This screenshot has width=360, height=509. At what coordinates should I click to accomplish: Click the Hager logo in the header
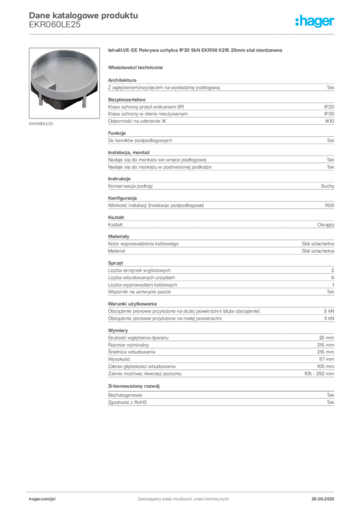click(x=314, y=21)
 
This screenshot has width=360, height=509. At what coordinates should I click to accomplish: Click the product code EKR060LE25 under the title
click(x=55, y=25)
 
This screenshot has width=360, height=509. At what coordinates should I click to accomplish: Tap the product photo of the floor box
click(x=64, y=83)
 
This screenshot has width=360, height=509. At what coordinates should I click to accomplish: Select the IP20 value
click(x=329, y=107)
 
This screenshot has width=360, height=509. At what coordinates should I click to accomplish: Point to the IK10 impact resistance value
click(x=330, y=121)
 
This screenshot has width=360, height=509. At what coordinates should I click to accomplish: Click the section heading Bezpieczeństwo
click(x=127, y=99)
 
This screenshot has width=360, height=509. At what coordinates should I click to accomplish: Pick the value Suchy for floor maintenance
click(x=327, y=186)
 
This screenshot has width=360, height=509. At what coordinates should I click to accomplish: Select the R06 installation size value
click(x=330, y=205)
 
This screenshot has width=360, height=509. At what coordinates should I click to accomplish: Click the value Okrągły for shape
click(x=326, y=225)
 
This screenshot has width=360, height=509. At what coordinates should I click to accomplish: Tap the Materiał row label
click(x=116, y=251)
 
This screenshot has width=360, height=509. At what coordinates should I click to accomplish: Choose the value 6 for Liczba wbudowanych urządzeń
click(x=333, y=277)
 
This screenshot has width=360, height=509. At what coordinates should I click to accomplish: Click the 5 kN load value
click(x=329, y=311)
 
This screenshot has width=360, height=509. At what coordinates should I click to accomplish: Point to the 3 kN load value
click(x=329, y=319)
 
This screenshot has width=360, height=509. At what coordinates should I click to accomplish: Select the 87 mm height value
click(x=327, y=359)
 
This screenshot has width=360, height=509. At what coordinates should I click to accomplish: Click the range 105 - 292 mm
click(x=319, y=374)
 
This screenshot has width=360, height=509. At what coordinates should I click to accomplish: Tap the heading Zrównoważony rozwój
click(x=134, y=386)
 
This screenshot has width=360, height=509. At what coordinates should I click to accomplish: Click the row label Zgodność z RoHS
click(x=127, y=403)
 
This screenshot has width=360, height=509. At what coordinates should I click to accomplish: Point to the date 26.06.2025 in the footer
click(x=323, y=499)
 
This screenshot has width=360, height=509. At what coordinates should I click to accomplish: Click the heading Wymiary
click(x=118, y=331)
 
